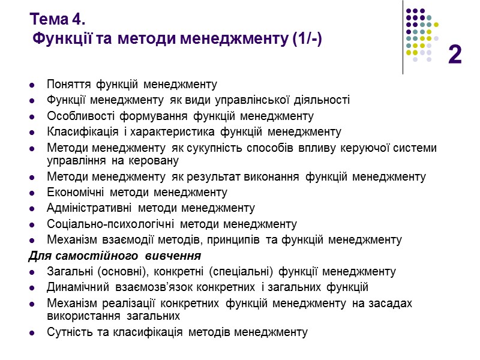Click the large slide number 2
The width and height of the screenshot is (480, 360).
[455, 55]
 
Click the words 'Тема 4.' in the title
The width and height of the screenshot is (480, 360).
[54, 19]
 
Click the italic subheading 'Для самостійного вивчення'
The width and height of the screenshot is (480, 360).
[115, 256]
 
